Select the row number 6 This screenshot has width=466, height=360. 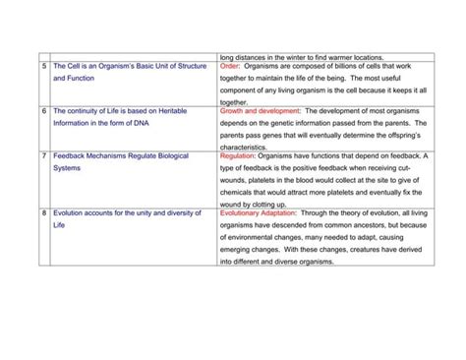click(x=43, y=111)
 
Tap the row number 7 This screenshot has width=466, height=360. click(x=43, y=157)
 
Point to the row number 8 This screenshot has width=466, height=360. click(x=43, y=213)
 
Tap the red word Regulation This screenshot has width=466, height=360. click(x=243, y=157)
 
